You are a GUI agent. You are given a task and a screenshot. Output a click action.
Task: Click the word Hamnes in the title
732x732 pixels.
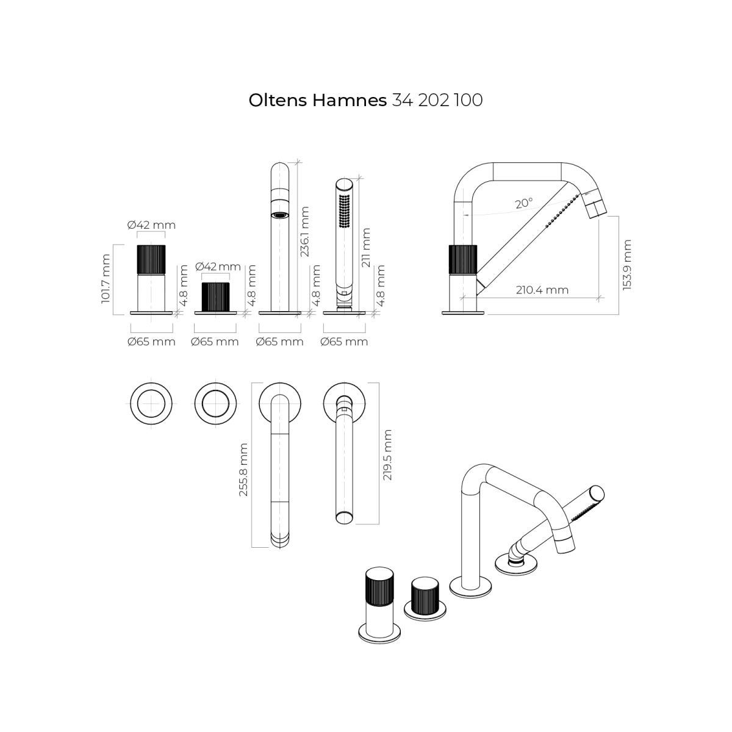[350, 100]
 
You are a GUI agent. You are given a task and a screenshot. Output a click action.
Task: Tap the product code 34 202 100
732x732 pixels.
[437, 100]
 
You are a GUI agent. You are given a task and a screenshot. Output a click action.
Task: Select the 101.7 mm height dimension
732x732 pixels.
[106, 278]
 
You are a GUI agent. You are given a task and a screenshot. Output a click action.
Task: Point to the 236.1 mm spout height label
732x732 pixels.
[304, 231]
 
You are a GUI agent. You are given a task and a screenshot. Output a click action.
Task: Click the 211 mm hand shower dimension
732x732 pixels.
[365, 247]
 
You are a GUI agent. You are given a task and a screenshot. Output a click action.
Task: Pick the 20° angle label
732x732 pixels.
[524, 204]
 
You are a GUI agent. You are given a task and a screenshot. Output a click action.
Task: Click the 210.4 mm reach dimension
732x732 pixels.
[542, 290]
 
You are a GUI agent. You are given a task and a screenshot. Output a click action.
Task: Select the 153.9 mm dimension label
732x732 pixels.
[627, 265]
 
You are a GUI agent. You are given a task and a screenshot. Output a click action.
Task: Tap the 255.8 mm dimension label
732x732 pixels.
[243, 470]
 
